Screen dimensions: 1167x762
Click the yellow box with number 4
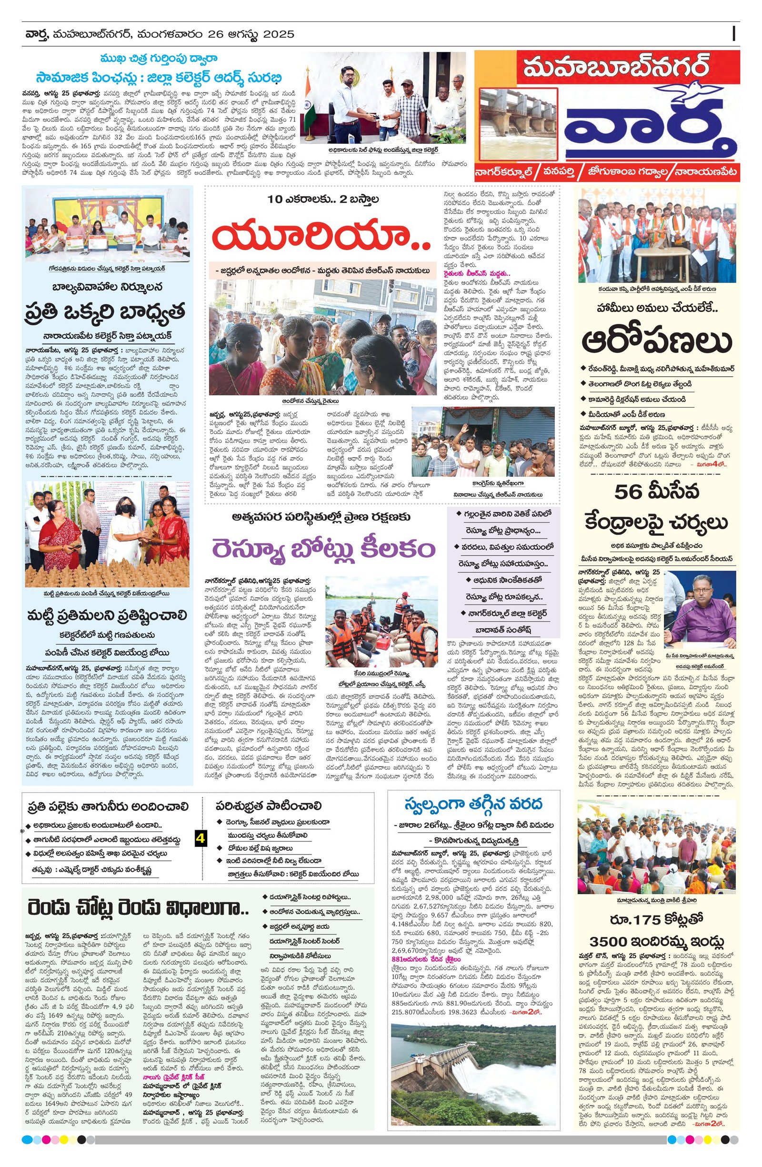pyautogui.click(x=200, y=838)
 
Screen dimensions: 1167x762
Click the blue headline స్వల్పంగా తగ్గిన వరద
pyautogui.click(x=473, y=805)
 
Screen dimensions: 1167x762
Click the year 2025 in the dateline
pyautogui.click(x=278, y=34)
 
